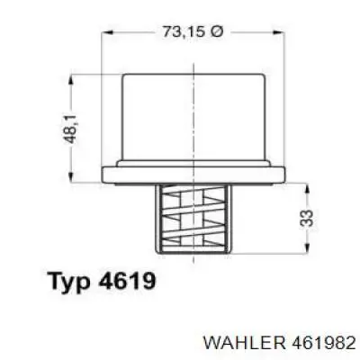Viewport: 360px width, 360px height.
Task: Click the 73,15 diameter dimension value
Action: click(x=185, y=31)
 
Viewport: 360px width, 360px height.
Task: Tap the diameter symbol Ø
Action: click(x=218, y=31)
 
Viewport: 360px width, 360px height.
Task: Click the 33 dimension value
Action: click(x=307, y=218)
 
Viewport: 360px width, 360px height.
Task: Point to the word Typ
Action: click(x=71, y=282)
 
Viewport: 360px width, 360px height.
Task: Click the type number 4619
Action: click(x=127, y=280)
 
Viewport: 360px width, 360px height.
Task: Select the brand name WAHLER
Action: click(x=244, y=343)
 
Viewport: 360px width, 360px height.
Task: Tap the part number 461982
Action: click(x=322, y=343)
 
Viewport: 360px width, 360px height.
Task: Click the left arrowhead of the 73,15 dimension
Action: click(x=107, y=31)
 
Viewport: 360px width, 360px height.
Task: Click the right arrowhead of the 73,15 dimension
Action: click(x=278, y=31)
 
